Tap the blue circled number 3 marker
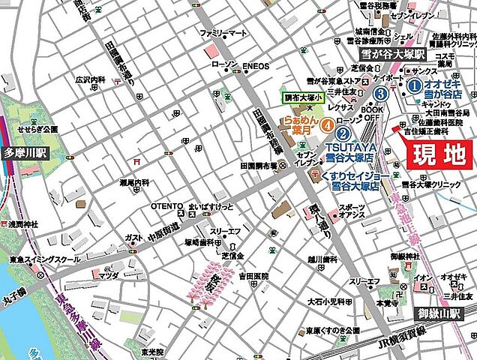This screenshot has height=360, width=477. (x=381, y=94)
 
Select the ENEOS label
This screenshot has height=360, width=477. (x=256, y=66)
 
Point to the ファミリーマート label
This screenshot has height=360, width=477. (x=223, y=33)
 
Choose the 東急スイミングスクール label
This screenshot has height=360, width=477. (x=45, y=259)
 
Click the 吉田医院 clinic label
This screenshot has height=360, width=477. (x=254, y=276)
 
